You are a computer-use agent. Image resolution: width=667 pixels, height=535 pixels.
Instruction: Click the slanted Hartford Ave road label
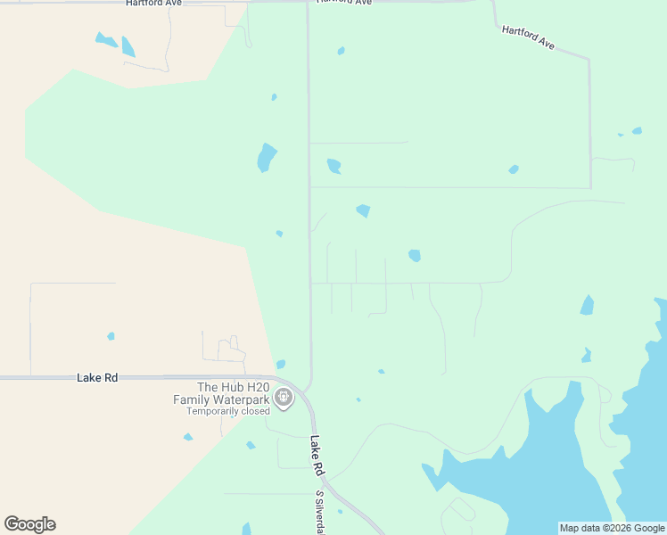(x=528, y=37)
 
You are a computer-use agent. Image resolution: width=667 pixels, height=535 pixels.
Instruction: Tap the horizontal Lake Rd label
(x=97, y=378)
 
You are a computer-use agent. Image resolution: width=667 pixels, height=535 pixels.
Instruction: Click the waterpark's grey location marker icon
(x=284, y=397)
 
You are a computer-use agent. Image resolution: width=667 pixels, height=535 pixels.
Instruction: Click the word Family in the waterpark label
(x=191, y=399)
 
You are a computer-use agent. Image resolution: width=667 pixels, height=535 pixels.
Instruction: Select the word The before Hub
(x=208, y=387)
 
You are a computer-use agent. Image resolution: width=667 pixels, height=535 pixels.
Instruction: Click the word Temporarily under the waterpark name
(x=212, y=411)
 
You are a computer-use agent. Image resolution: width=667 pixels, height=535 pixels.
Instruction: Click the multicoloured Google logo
(x=29, y=524)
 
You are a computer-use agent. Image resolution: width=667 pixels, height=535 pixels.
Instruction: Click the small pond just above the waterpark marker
(x=281, y=364)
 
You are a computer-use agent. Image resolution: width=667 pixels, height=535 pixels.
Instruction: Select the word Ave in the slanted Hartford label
(x=545, y=44)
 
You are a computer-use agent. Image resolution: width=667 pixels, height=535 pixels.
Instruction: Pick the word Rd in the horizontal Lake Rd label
(x=111, y=378)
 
